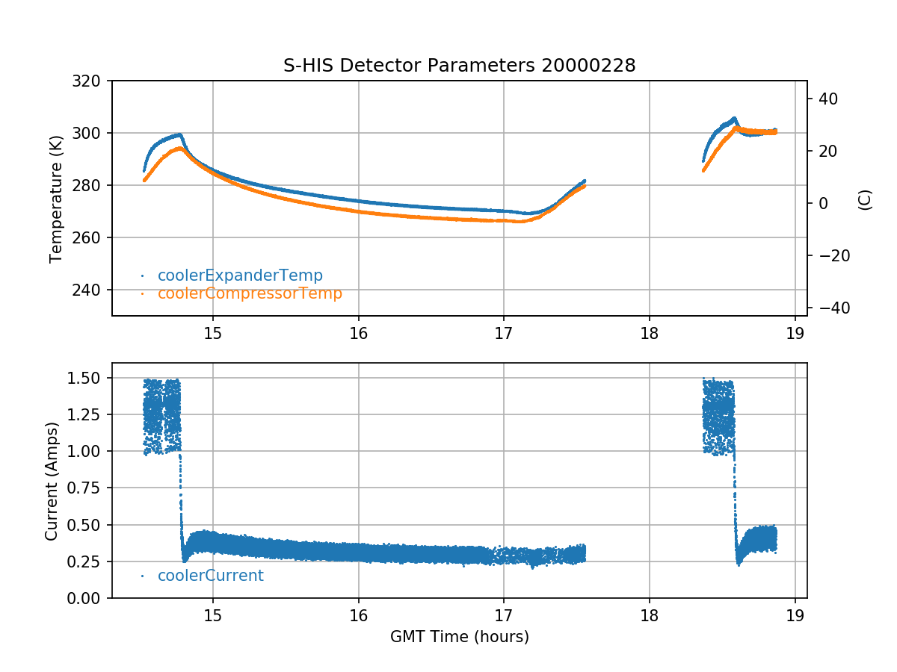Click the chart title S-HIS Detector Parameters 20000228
(x=459, y=66)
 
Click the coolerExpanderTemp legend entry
(x=240, y=276)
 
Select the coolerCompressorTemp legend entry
(x=250, y=293)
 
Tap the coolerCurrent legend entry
(x=210, y=576)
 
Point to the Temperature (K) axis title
(x=55, y=198)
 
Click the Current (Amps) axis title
(x=51, y=480)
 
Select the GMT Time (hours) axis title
(x=459, y=637)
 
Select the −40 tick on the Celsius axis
(x=830, y=308)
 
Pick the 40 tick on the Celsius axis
(x=825, y=99)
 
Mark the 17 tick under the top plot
(x=504, y=332)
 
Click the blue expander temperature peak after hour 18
(x=735, y=118)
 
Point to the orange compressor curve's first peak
(x=180, y=148)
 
